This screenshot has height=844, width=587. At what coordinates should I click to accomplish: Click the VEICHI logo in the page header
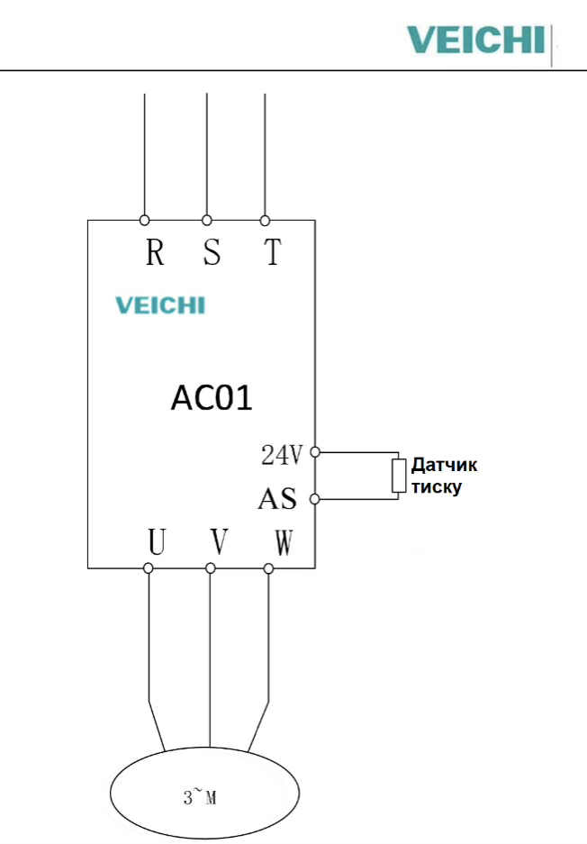point(475,41)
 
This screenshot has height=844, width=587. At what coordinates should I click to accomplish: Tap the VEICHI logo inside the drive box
point(160,305)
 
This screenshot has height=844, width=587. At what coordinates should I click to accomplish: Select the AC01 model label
point(211,397)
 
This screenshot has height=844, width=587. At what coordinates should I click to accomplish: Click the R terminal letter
point(155,254)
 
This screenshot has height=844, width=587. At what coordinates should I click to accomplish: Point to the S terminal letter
point(212,254)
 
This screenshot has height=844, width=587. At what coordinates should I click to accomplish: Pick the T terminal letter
point(273,254)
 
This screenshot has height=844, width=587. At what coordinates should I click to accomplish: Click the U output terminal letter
point(157,541)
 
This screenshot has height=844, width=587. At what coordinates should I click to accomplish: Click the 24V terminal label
point(282,456)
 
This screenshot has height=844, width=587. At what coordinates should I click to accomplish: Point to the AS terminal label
point(277,498)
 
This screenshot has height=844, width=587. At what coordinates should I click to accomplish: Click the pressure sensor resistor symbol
point(399,476)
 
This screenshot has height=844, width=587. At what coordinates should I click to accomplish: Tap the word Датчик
point(444,466)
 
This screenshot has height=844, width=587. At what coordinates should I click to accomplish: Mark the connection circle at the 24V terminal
point(315,452)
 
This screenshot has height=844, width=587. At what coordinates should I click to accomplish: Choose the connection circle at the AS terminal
point(315,498)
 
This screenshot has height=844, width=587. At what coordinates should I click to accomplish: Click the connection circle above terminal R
point(144,220)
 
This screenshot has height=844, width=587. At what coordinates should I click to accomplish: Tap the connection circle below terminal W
point(268,568)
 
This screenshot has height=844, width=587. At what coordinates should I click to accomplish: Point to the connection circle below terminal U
point(149,568)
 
